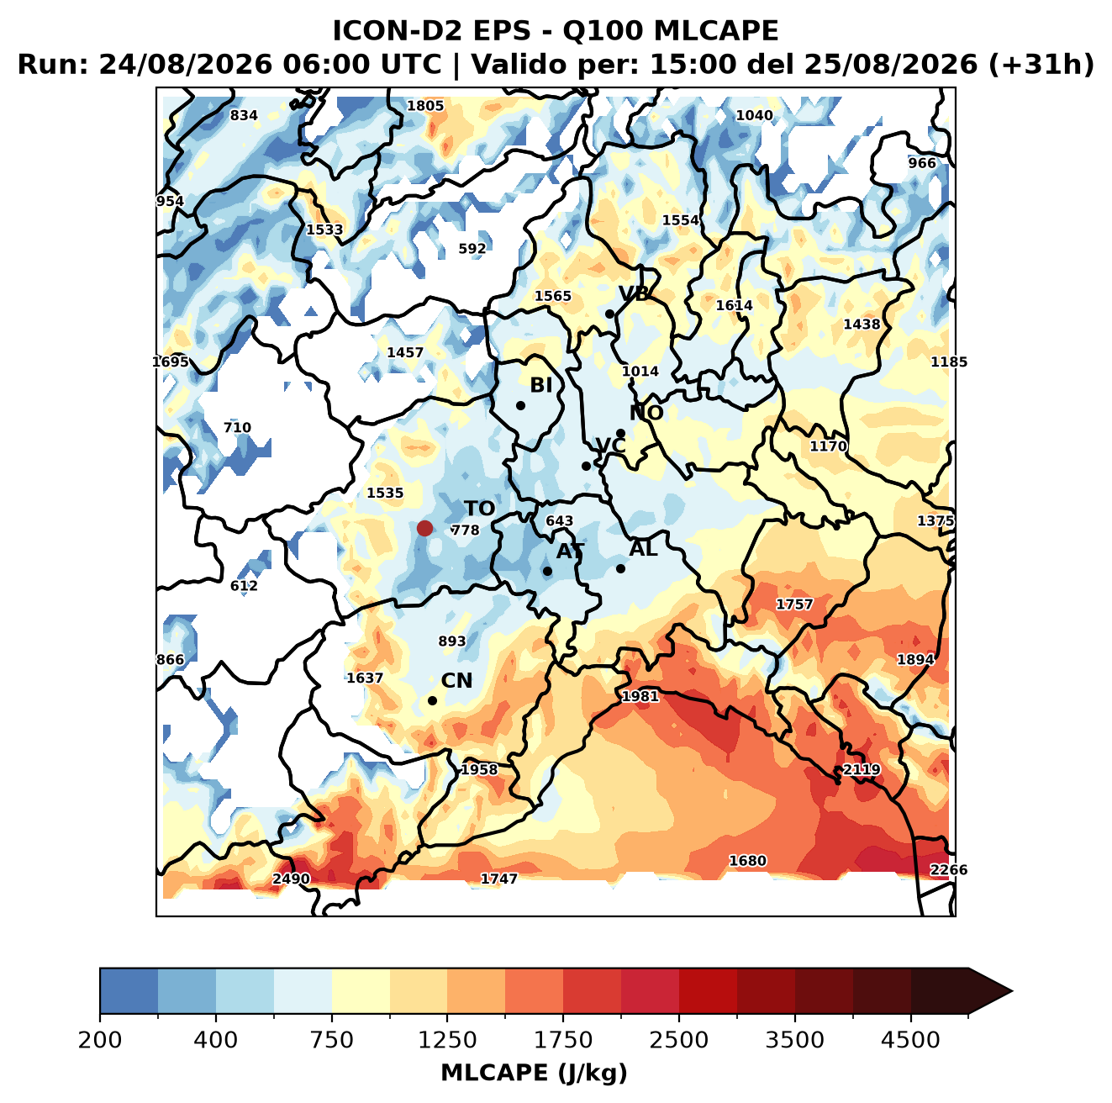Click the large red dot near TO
(424, 528)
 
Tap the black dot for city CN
(432, 700)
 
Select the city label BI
(540, 385)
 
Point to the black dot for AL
(619, 568)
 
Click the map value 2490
(291, 879)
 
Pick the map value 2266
(948, 869)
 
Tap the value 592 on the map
(472, 248)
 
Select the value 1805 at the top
(425, 106)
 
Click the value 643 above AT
(559, 520)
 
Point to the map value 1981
(640, 696)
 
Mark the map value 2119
(861, 768)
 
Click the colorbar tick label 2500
(678, 1040)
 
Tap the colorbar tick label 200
(100, 1040)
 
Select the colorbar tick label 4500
(910, 1040)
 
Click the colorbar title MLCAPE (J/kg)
(534, 1073)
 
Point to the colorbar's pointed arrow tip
(1012, 992)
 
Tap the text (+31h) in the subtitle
(1041, 65)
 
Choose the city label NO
(646, 413)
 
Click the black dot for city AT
(547, 571)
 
